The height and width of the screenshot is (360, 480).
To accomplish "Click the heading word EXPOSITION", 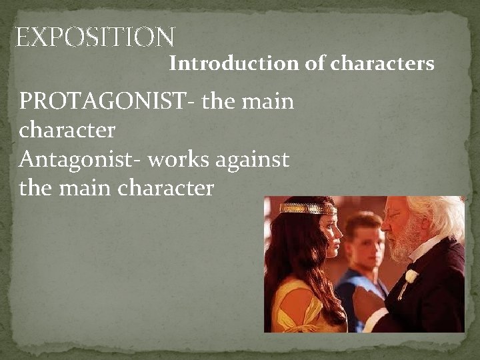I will (x=95, y=37).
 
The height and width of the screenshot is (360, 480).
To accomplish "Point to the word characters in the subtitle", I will (x=383, y=64).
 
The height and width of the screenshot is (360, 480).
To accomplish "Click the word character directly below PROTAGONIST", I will (x=67, y=130).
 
